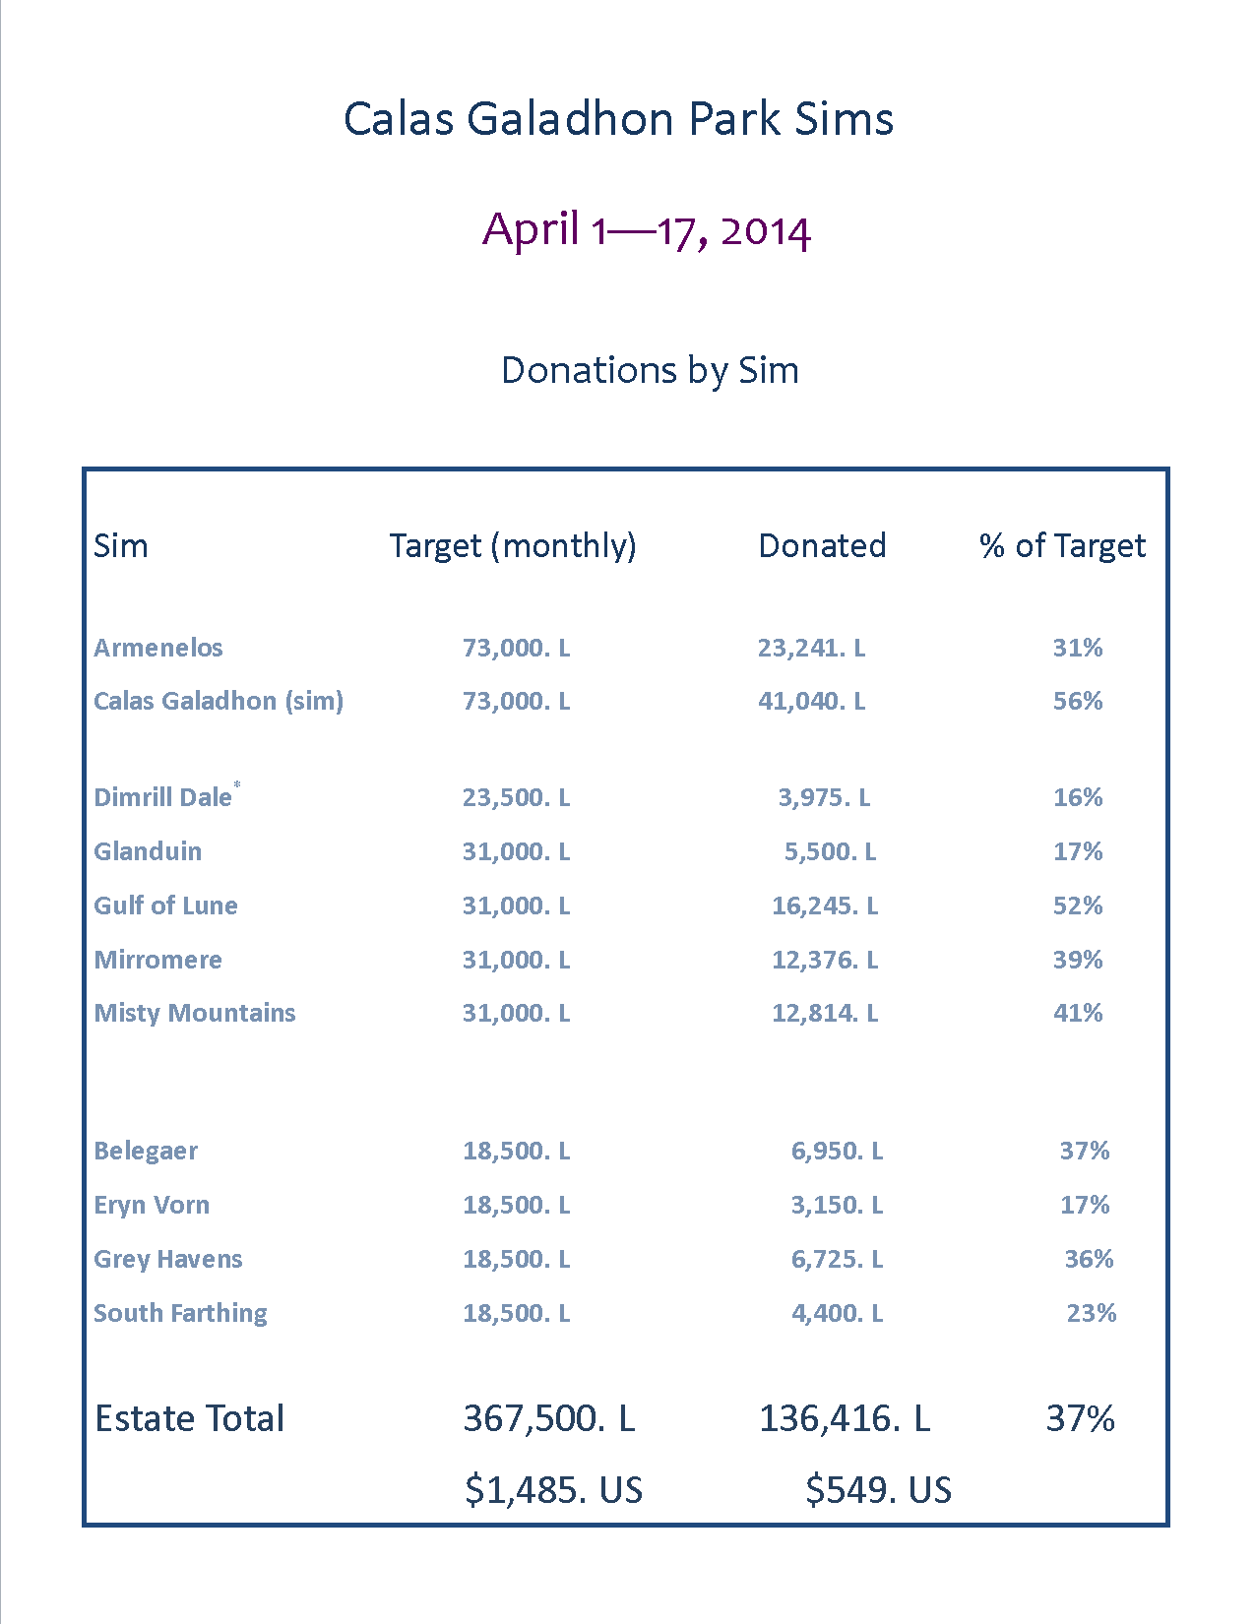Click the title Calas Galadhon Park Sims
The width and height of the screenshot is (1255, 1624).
click(618, 119)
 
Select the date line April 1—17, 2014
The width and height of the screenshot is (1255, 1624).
click(646, 230)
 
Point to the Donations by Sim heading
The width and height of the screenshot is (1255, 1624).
click(650, 370)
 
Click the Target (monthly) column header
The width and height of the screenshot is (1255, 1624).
click(513, 545)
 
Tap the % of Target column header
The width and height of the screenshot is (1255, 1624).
click(1062, 545)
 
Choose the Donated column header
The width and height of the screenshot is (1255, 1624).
click(822, 545)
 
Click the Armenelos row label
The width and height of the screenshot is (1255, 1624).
click(158, 648)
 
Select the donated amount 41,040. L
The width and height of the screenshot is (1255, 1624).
click(811, 701)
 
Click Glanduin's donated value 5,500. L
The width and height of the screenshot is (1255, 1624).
click(830, 851)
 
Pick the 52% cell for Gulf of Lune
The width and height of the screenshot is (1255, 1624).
click(1078, 906)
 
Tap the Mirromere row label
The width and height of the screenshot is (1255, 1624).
click(157, 960)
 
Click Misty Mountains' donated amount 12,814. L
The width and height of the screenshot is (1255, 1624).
click(825, 1013)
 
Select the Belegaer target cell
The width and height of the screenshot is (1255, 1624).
click(517, 1151)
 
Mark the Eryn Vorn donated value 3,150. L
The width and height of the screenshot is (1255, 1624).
click(837, 1205)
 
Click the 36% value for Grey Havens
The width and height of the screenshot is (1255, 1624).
click(1089, 1259)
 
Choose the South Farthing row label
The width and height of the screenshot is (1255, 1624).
click(180, 1313)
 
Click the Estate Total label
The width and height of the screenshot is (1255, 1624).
click(189, 1418)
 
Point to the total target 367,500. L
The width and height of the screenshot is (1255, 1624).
click(549, 1418)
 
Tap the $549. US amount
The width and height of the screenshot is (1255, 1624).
click(878, 1490)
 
